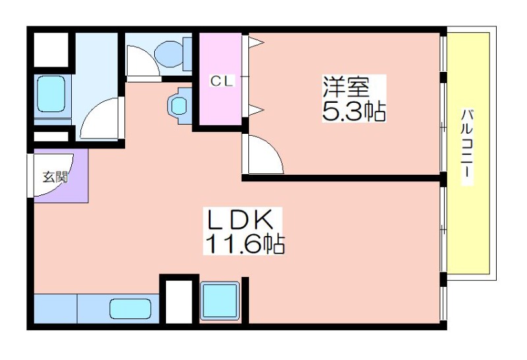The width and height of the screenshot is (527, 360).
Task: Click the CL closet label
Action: click(x=221, y=81)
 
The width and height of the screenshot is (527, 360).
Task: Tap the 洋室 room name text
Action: click(x=347, y=87)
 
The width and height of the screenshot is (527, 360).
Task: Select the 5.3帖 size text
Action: click(x=354, y=111)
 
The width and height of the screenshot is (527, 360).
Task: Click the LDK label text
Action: click(x=240, y=220)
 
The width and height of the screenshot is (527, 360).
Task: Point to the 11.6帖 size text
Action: click(x=244, y=243)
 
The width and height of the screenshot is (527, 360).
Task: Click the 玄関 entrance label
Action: click(x=55, y=177)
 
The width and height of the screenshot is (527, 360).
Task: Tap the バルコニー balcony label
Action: click(x=466, y=147)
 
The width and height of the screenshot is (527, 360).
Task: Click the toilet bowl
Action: click(x=169, y=53)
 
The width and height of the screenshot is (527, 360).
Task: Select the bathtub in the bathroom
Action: click(x=51, y=94)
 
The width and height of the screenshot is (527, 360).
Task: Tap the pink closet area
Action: click(x=221, y=78)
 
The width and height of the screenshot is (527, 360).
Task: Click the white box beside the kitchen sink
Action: click(x=179, y=301)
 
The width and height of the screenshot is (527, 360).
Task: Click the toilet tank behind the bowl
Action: click(x=187, y=54)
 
